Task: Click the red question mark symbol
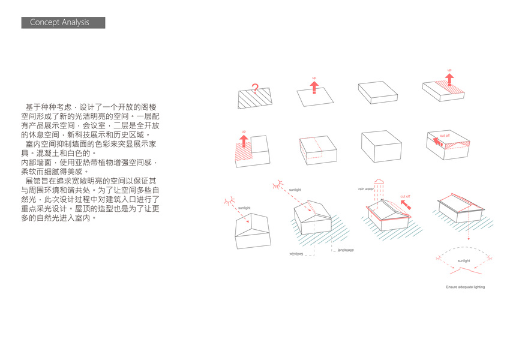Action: tap(254, 89)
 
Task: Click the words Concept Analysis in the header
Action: tap(59, 22)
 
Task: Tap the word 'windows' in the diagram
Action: tap(296, 254)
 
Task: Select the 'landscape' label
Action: tap(346, 250)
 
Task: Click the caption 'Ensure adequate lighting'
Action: tap(465, 287)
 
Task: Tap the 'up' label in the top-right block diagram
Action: tap(449, 70)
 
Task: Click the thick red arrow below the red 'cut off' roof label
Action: tap(406, 205)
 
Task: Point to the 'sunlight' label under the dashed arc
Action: tap(464, 261)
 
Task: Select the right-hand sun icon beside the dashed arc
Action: tap(490, 259)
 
